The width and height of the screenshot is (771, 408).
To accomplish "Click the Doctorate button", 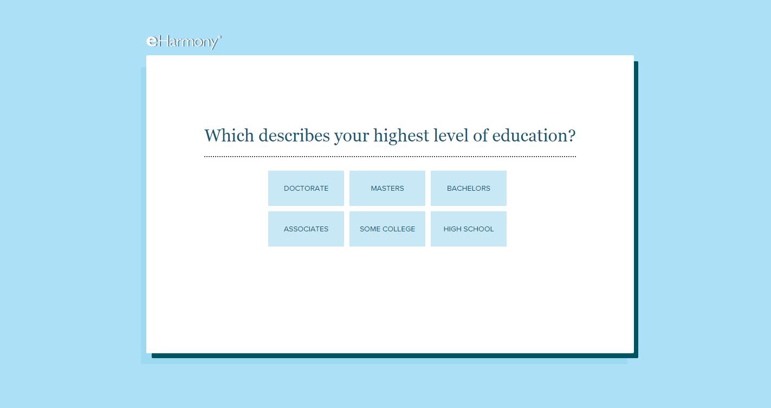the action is (306, 189).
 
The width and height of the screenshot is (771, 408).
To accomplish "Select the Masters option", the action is (387, 189).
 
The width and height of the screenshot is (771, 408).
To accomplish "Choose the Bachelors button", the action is (469, 189).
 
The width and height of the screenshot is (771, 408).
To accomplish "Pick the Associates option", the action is (306, 229).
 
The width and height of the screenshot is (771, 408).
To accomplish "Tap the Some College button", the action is (387, 229).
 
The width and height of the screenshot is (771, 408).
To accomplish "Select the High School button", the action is (469, 229).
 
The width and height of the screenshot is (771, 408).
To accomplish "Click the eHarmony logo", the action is (184, 42).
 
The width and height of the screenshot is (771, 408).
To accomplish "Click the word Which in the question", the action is (229, 135).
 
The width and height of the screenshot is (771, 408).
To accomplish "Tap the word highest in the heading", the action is (401, 137).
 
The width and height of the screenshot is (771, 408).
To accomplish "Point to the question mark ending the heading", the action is (572, 135).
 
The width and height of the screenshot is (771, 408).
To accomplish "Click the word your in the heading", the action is (352, 138).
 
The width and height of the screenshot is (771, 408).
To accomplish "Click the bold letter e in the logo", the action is (152, 41).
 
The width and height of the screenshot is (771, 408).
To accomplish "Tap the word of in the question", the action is (481, 135).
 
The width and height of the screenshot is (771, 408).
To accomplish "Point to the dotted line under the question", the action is (390, 156).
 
